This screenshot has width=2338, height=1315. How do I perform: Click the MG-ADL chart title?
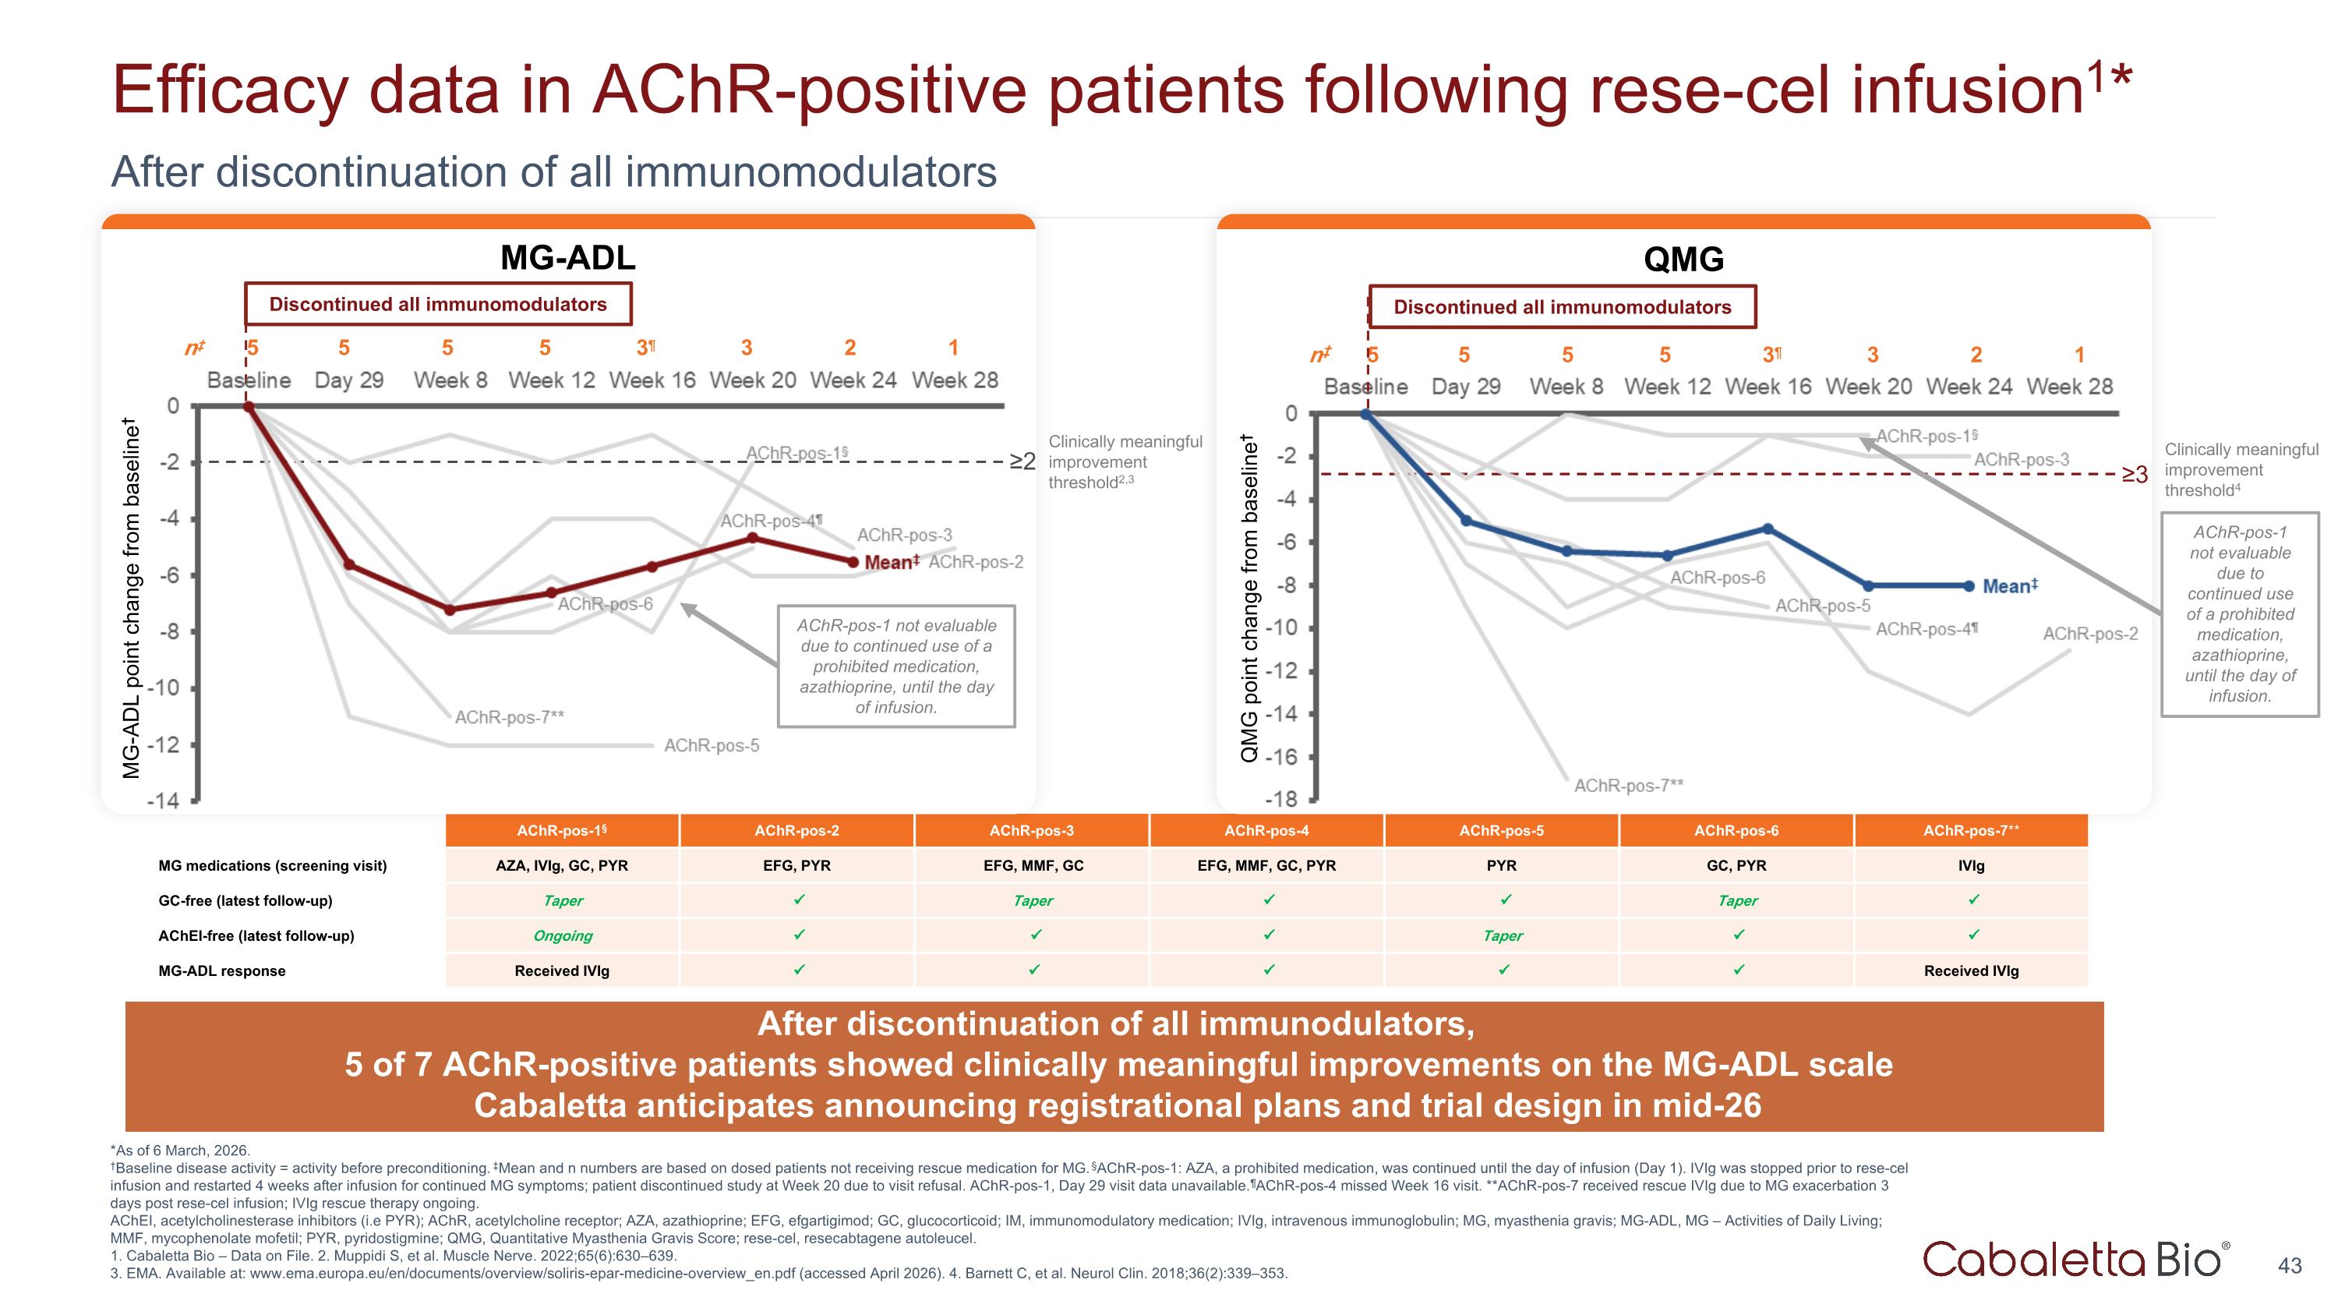567,258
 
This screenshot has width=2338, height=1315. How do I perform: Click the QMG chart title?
1683,260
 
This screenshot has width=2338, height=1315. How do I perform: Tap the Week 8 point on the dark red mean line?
449,610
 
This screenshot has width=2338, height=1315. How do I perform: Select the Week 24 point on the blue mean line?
1969,586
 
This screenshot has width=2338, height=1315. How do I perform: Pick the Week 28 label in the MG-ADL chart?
955,380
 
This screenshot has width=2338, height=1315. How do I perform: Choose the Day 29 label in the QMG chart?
1466,387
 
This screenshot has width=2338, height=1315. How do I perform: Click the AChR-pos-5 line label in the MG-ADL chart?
712,745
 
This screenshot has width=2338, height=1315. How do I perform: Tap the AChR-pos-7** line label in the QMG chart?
1628,785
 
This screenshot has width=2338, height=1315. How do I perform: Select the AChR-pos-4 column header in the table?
1266,830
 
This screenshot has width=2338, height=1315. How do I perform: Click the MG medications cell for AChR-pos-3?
1033,866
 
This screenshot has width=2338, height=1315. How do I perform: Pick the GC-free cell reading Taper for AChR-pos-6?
1737,901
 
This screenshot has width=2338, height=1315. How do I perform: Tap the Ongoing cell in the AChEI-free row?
563,935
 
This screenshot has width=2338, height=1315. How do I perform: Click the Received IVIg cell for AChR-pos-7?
1972,971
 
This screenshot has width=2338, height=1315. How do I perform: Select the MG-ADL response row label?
221,971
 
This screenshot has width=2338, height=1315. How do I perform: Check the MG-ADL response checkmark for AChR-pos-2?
799,969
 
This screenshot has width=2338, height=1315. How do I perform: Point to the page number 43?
2290,1265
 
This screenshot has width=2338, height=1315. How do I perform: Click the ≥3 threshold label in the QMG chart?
2135,474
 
